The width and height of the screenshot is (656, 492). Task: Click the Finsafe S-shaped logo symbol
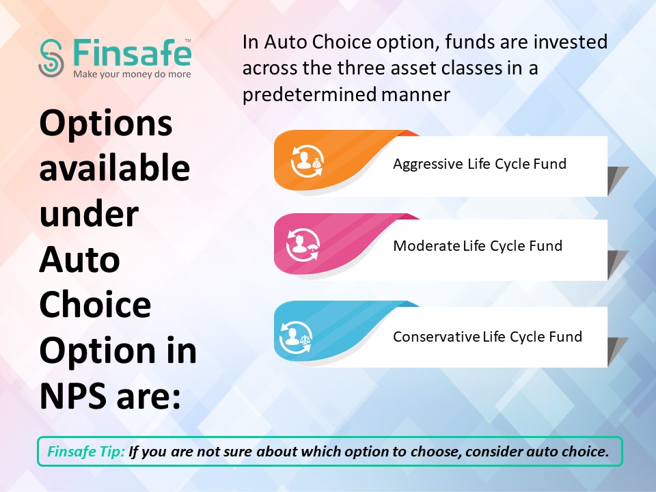pyautogui.click(x=51, y=58)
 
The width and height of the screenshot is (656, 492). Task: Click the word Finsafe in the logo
pyautogui.click(x=132, y=53)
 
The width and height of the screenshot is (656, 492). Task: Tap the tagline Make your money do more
pyautogui.click(x=132, y=74)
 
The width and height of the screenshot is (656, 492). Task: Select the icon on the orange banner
pyautogui.click(x=307, y=163)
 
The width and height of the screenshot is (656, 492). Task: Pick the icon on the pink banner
pyautogui.click(x=303, y=245)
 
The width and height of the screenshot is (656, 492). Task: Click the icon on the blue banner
pyautogui.click(x=296, y=337)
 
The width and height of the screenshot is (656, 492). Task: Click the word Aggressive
pyautogui.click(x=428, y=164)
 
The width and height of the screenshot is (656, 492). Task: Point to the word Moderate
pyautogui.click(x=426, y=245)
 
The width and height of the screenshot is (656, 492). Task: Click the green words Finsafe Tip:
pyautogui.click(x=86, y=452)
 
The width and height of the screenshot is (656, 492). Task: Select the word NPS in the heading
pyautogui.click(x=74, y=396)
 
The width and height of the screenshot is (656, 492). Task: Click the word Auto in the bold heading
pyautogui.click(x=79, y=260)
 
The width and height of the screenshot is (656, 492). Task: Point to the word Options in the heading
pyautogui.click(x=106, y=124)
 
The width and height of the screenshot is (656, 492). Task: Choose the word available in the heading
pyautogui.click(x=115, y=167)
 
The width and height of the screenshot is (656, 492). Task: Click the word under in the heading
pyautogui.click(x=89, y=213)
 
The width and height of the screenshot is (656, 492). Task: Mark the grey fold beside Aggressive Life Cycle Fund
pyautogui.click(x=618, y=180)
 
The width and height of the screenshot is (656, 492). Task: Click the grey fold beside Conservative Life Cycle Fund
pyautogui.click(x=618, y=352)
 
